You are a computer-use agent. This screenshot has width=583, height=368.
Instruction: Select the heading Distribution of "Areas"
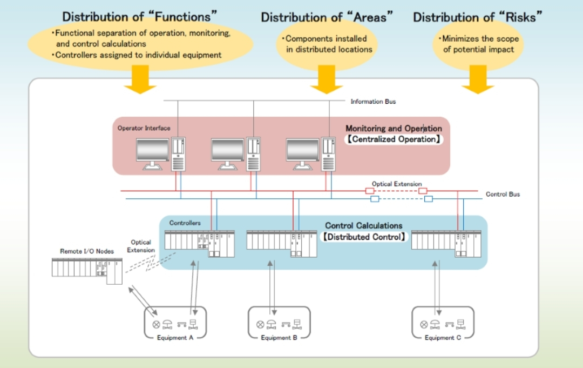pyautogui.click(x=327, y=17)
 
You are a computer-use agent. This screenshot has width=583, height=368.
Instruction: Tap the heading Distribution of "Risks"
pyautogui.click(x=477, y=17)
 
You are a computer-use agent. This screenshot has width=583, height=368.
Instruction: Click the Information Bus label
pyautogui.click(x=373, y=102)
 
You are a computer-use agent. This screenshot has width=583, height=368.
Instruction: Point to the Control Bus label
pyautogui.click(x=503, y=195)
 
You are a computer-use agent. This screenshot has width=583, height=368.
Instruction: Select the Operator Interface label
pyautogui.click(x=144, y=129)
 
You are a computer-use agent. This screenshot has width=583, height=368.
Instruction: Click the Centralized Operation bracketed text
pyautogui.click(x=394, y=139)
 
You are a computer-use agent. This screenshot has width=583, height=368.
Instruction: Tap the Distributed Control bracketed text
pyautogui.click(x=363, y=237)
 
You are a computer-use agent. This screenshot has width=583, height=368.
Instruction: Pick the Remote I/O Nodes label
pyautogui.click(x=87, y=252)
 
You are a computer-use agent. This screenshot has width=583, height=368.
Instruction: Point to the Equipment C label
pyautogui.click(x=443, y=338)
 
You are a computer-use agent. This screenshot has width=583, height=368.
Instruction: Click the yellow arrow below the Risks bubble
pyautogui.click(x=478, y=81)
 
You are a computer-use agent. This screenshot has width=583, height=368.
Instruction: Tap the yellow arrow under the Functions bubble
pyautogui.click(x=140, y=81)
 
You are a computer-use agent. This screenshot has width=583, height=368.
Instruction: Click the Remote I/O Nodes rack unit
pyautogui.click(x=87, y=269)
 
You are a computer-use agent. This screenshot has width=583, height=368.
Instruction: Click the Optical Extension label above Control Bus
pyautogui.click(x=397, y=184)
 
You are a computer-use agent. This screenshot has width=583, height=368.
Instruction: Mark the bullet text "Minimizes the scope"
pyautogui.click(x=480, y=39)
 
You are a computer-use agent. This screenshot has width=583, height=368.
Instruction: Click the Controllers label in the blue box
pyautogui.click(x=185, y=223)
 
